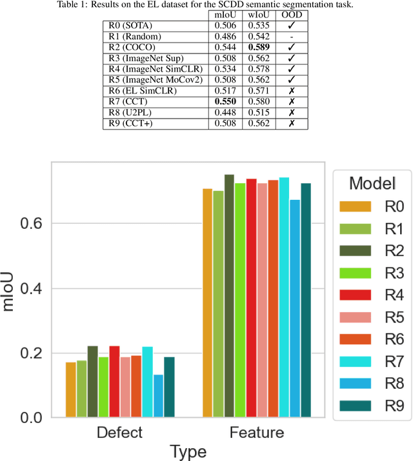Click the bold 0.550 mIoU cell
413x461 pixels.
tap(225, 101)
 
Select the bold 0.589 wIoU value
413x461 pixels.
tap(259, 47)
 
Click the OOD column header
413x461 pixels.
tap(291, 15)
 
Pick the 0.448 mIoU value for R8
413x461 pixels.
tap(225, 112)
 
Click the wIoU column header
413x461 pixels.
tap(259, 15)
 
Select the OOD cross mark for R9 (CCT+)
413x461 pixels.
tap(291, 123)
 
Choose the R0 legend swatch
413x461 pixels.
tap(356, 206)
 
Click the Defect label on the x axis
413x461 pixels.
tap(120, 432)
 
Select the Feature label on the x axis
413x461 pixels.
tap(256, 432)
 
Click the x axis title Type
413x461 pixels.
tap(188, 451)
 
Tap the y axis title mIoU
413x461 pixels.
tap(9, 291)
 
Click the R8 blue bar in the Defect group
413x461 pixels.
tap(158, 396)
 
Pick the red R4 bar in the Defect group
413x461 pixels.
tap(115, 382)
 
